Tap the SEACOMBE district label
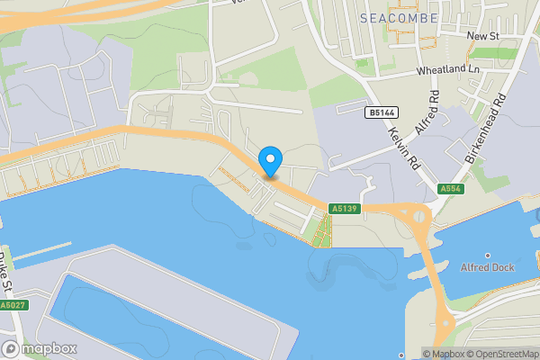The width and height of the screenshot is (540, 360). click(398, 18)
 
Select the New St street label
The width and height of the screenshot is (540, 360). click(483, 35)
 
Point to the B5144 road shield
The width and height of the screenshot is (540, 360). click(381, 112)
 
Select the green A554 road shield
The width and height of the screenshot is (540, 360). click(451, 189)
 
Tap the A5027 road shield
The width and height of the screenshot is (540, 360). click(12, 306)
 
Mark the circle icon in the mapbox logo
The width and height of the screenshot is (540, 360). click(11, 348)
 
